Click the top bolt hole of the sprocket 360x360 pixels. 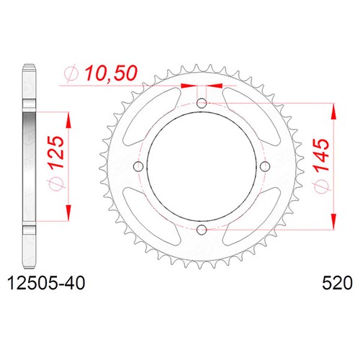pyautogui.click(x=202, y=104)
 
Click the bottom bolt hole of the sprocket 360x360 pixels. pyautogui.click(x=202, y=230)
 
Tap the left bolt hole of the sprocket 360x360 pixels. pyautogui.click(x=138, y=166)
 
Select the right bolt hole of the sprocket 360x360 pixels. pyautogui.click(x=265, y=166)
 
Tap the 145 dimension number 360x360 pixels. pyautogui.click(x=321, y=155)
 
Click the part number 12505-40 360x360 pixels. pyautogui.click(x=46, y=283)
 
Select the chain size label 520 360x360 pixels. pyautogui.click(x=337, y=283)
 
